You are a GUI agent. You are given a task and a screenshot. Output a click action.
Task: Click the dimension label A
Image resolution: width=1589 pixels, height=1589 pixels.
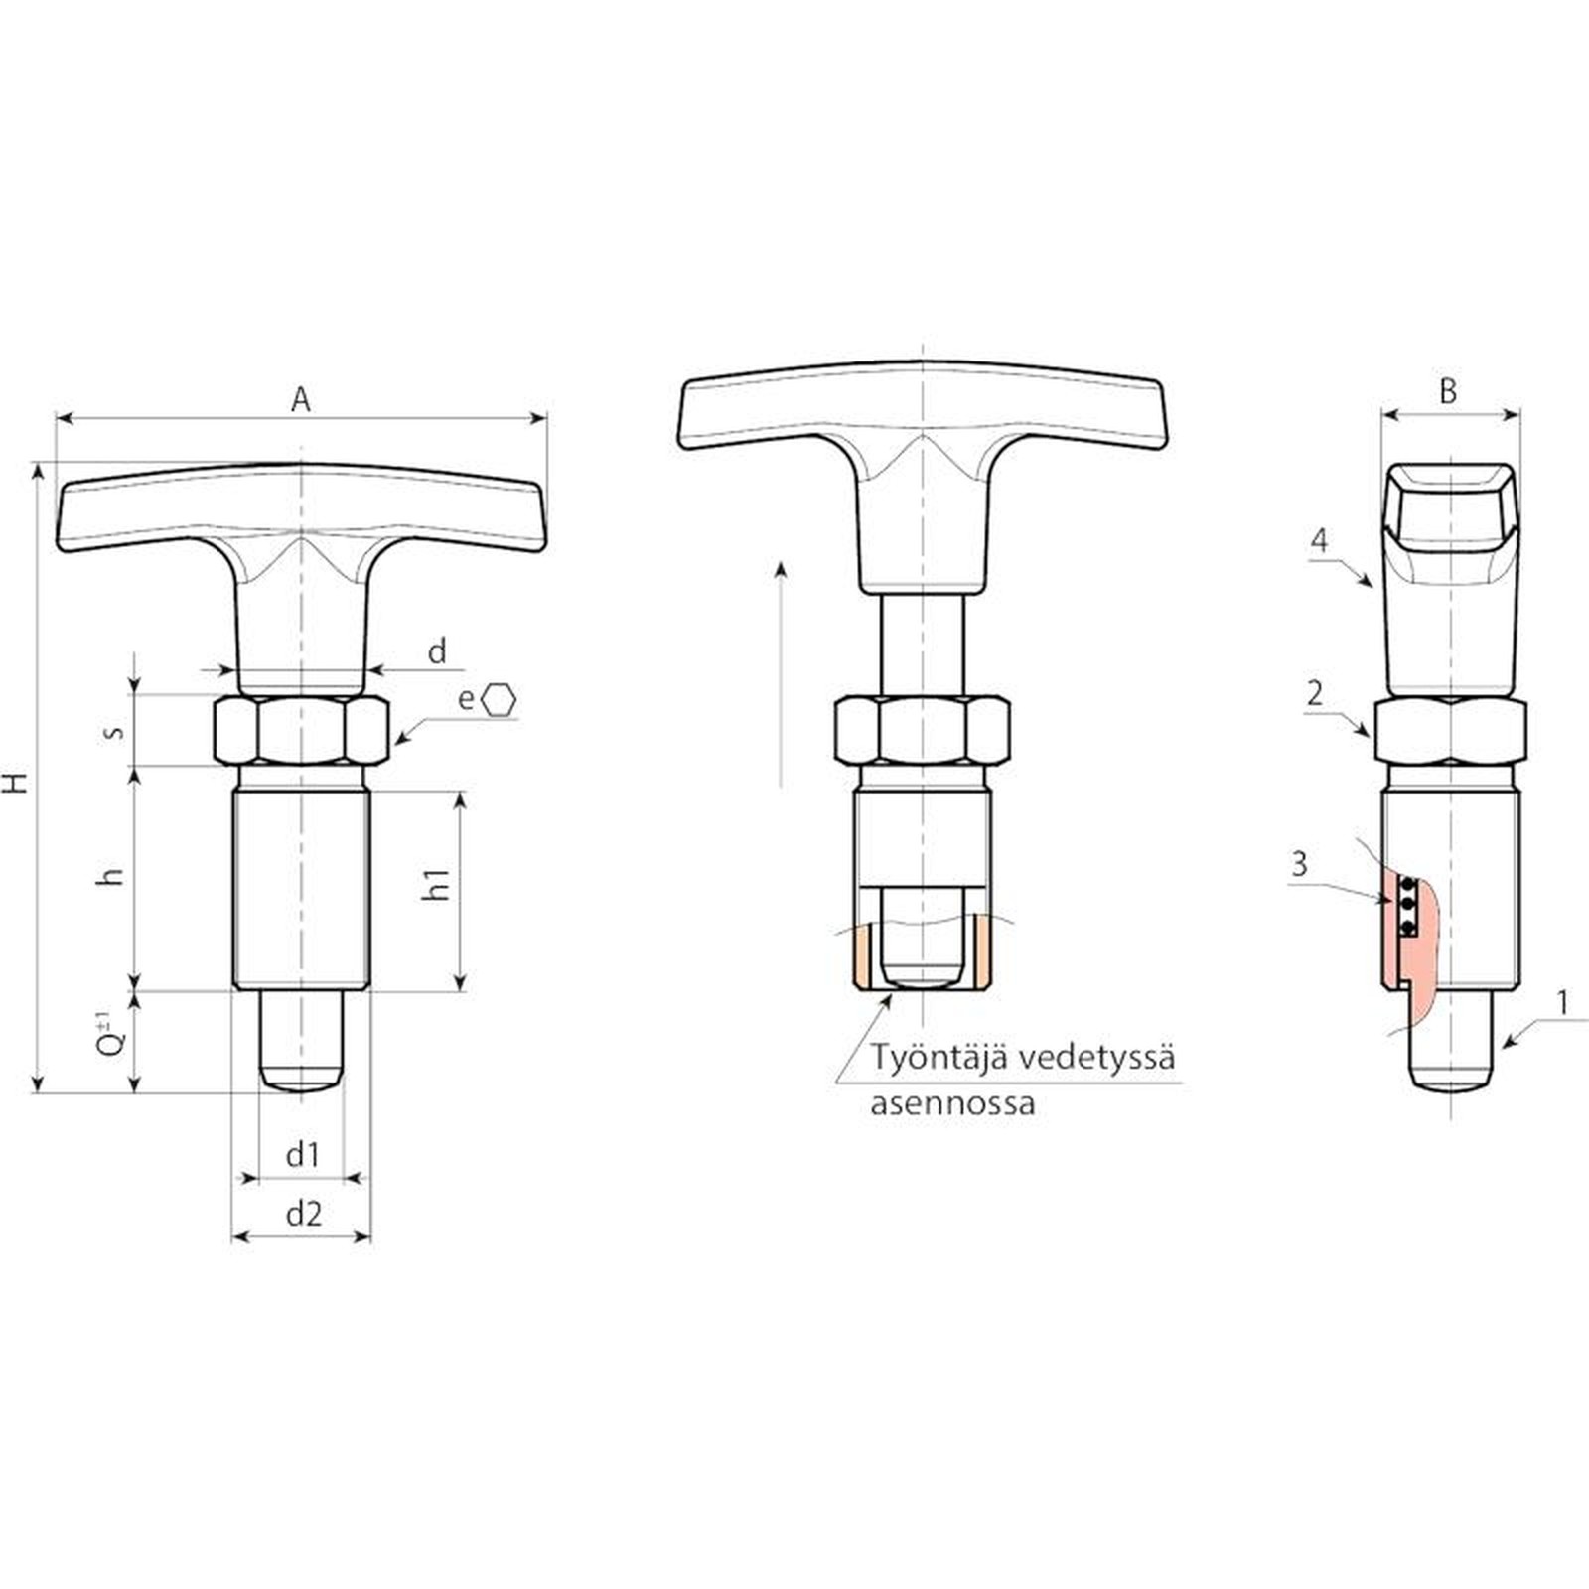301,399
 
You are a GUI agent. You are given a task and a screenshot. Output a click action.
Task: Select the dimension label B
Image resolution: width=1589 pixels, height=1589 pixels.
1449,391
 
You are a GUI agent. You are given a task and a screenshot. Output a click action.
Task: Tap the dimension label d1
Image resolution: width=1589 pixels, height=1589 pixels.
303,1155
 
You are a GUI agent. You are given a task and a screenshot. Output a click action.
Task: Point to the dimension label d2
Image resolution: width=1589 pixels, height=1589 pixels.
304,1213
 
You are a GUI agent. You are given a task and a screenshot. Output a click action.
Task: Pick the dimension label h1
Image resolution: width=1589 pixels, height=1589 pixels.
436,884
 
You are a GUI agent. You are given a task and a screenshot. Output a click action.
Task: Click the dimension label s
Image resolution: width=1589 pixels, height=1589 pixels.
115,731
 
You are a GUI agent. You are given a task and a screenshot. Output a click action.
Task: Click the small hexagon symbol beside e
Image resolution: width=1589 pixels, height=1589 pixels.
499,699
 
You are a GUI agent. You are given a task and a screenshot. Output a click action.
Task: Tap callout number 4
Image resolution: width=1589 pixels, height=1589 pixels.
1319,540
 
